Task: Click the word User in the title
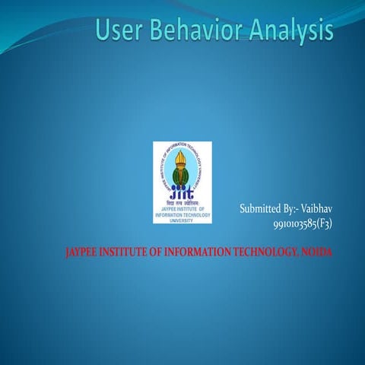tap(118, 31)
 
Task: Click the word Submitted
tap(259, 208)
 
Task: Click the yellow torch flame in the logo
tap(182, 158)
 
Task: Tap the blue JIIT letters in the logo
tap(182, 190)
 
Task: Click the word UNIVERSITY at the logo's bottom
tap(182, 220)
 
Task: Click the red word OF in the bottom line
tap(167, 252)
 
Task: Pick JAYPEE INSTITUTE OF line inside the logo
tap(182, 208)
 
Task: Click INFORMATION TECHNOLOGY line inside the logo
tap(182, 214)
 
